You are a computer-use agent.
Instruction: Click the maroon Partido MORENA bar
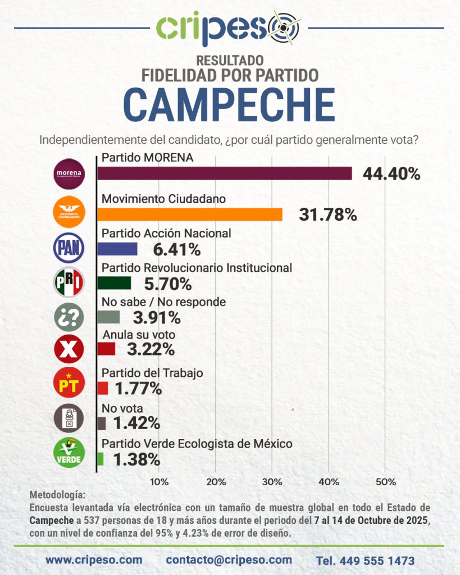coord(225,173)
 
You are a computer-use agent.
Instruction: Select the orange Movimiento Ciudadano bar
coord(190,215)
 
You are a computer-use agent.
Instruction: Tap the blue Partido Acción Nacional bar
coord(117,249)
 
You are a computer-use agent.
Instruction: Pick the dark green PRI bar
coord(114,283)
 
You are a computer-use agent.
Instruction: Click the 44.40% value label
coord(391,174)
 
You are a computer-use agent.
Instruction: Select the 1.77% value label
coord(138,388)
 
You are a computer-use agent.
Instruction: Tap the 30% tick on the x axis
coord(272,482)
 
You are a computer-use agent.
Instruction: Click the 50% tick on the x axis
coord(385,482)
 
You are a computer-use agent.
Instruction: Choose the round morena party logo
coord(69,174)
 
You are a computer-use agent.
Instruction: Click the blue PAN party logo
coord(69,247)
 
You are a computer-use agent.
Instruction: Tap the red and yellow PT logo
coord(69,384)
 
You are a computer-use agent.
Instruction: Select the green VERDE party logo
coord(69,453)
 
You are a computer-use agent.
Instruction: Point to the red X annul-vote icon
coord(69,350)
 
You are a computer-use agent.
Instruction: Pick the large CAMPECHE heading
coord(229,104)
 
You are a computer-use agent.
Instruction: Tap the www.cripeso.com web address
coord(94,560)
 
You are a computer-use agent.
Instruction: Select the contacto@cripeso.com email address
coord(229,560)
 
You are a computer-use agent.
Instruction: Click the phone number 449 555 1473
coord(365,560)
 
